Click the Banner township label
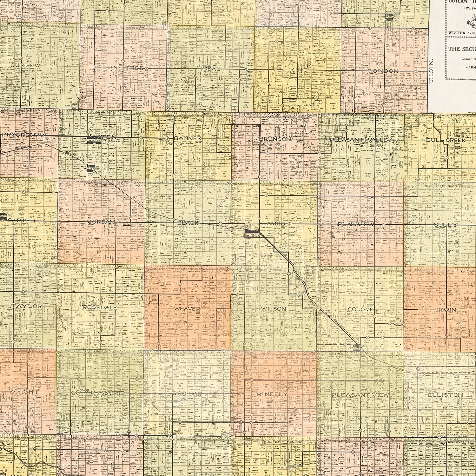(x=187, y=139)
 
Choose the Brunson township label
(x=274, y=139)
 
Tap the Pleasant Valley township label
(x=361, y=140)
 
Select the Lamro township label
(x=274, y=223)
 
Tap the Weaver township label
(x=187, y=308)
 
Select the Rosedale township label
(x=100, y=307)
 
